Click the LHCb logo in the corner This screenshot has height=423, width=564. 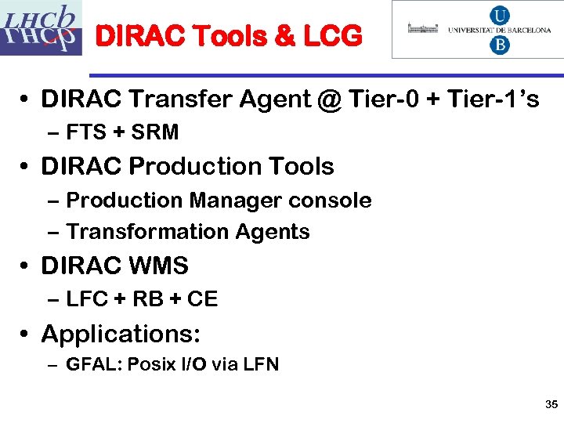pyautogui.click(x=41, y=28)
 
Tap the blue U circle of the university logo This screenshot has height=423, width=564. pyautogui.click(x=498, y=16)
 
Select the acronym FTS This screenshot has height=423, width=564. pyautogui.click(x=85, y=132)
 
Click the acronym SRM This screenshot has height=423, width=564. pyautogui.click(x=155, y=132)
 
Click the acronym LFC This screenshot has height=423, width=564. pyautogui.click(x=86, y=299)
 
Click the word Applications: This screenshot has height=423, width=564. pyautogui.click(x=121, y=334)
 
